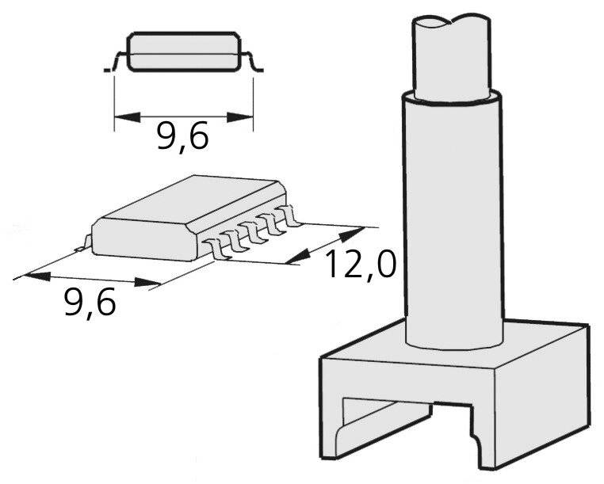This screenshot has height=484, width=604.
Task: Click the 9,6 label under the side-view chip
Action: [182, 136]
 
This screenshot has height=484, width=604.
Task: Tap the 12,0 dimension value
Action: [360, 265]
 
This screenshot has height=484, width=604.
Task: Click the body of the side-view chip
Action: [184, 51]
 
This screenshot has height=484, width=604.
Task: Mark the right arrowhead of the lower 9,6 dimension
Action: [148, 282]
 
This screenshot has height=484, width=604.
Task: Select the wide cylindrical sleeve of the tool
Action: [453, 222]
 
